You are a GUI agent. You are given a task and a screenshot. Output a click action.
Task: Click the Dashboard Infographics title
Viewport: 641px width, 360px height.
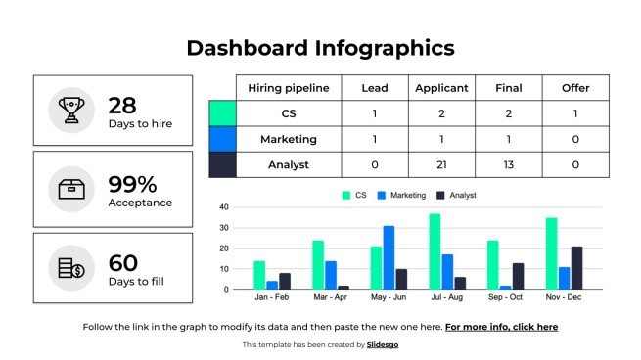(x=320, y=48)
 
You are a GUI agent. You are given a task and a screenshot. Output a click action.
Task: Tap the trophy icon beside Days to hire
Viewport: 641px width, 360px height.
(x=71, y=111)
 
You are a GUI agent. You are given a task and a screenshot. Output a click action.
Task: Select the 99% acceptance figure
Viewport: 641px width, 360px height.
(x=132, y=184)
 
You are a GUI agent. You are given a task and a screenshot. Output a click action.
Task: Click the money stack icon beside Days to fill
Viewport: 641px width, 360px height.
(x=71, y=268)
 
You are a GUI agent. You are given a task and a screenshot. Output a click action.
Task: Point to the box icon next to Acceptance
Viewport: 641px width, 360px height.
(x=71, y=189)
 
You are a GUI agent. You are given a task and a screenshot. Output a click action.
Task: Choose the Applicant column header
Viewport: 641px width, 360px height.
(x=441, y=88)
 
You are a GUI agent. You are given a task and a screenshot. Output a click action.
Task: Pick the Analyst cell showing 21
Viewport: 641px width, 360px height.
(x=441, y=164)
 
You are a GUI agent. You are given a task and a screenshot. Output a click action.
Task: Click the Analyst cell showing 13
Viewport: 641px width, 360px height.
(x=508, y=164)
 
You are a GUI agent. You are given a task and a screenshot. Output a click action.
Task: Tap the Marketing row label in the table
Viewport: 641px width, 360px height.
(x=288, y=139)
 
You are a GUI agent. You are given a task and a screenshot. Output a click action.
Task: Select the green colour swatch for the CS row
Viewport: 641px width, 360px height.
(x=223, y=113)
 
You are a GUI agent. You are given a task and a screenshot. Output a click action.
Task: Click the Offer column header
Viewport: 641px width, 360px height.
(x=575, y=88)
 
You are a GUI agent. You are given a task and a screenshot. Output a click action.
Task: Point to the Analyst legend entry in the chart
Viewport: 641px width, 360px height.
(x=456, y=196)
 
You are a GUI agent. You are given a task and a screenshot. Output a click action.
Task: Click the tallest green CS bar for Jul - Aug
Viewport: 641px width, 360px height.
(x=435, y=251)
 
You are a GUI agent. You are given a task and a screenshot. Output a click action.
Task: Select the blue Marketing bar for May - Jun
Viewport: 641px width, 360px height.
(x=389, y=257)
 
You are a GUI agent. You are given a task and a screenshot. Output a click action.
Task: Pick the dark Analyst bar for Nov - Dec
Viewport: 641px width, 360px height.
(x=576, y=267)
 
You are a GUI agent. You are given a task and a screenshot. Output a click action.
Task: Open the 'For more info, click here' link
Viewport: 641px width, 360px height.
(x=501, y=327)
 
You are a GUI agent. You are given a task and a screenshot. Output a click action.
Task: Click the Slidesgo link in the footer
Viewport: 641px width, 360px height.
(x=383, y=345)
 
